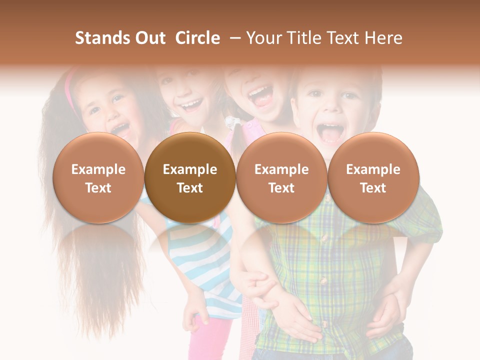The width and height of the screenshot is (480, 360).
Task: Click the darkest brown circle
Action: pos(190,178)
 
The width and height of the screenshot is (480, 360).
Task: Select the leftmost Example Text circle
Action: pos(98,178)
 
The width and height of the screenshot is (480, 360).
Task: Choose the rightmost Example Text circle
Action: pos(373,178)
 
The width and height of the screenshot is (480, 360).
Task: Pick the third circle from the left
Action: pos(281,178)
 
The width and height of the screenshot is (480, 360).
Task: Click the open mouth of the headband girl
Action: pos(120,130)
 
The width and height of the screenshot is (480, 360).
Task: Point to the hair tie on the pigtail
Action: pos(230,122)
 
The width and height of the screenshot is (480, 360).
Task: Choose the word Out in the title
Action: pos(148,38)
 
